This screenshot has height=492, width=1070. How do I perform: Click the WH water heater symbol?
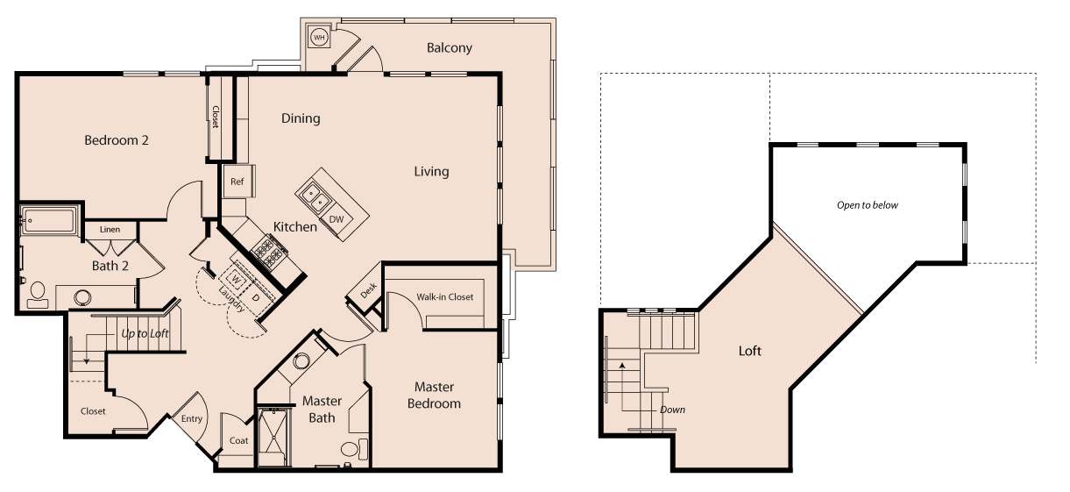[319, 38]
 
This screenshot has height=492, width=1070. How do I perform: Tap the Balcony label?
[449, 47]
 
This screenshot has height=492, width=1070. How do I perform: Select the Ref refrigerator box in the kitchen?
[237, 182]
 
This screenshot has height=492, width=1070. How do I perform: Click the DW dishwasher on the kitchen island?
[337, 218]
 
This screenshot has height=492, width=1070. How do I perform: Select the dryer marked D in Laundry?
[255, 297]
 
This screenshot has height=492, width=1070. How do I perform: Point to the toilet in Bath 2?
[38, 293]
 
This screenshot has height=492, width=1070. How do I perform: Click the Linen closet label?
[110, 230]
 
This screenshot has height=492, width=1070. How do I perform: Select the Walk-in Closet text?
[444, 296]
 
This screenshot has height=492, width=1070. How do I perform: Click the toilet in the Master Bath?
[351, 451]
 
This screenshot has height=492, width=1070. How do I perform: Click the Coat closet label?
[238, 440]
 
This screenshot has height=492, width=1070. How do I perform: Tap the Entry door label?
[191, 418]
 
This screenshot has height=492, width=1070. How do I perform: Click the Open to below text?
[868, 205]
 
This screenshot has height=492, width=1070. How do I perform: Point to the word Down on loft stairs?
[673, 410]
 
